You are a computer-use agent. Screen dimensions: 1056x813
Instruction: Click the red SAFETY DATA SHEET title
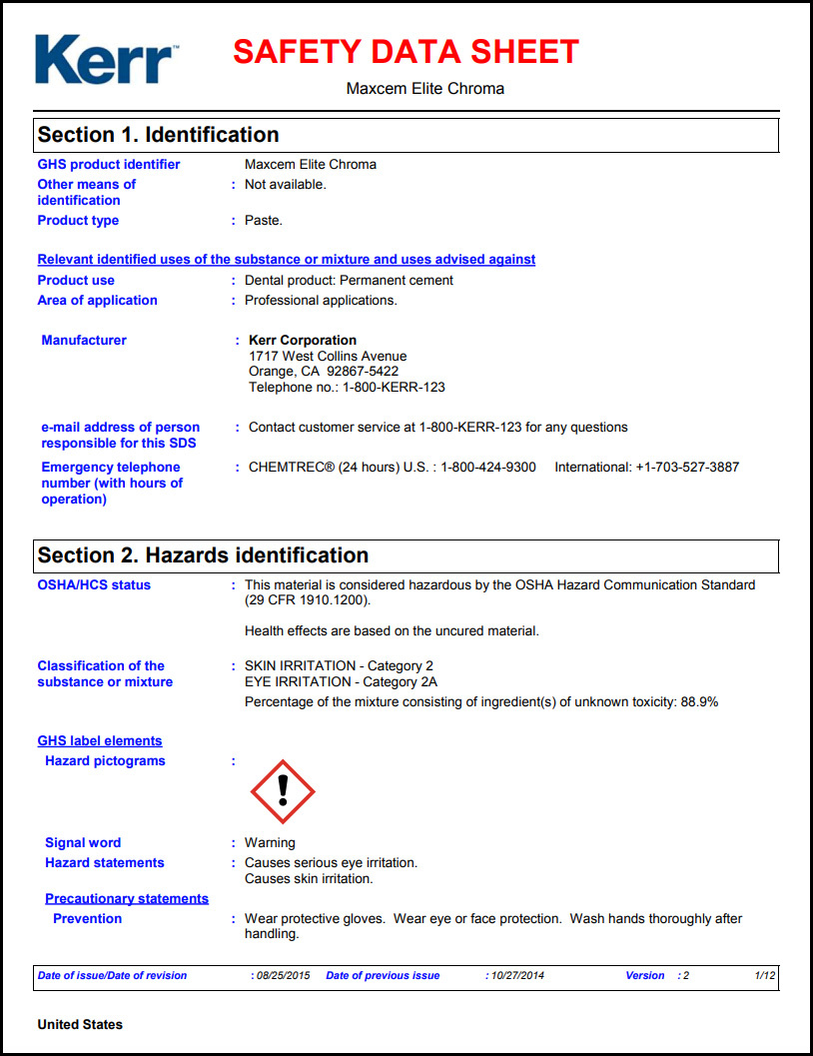tap(406, 52)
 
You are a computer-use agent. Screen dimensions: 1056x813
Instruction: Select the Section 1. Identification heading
tap(158, 135)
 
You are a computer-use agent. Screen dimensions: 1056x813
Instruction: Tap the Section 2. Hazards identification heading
tap(203, 555)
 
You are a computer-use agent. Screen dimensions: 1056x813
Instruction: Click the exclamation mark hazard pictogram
tap(283, 790)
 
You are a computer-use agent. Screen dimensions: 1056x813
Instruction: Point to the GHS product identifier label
tap(109, 164)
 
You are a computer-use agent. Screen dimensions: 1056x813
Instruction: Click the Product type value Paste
tap(264, 220)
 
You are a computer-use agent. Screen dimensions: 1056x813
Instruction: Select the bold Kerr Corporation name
tap(303, 340)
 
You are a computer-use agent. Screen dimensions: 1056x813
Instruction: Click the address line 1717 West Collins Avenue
tap(328, 356)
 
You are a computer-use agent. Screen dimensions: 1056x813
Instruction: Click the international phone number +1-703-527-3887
tap(687, 467)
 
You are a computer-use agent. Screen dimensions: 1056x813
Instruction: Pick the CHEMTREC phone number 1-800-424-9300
tap(488, 467)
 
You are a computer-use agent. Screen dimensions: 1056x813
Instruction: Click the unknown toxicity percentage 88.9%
tap(699, 701)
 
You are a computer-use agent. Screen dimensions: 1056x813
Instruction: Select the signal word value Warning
tap(270, 842)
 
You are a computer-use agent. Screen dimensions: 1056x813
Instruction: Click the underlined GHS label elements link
tap(100, 740)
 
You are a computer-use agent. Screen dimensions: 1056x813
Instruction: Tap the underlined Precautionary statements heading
tap(127, 898)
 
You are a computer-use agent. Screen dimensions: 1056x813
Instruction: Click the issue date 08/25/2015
tap(283, 975)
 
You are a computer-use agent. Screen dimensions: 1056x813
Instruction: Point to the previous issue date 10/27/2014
tap(517, 975)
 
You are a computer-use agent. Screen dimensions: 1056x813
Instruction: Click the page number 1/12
tap(764, 975)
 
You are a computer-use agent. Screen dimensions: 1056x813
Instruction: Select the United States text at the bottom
tap(80, 1024)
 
